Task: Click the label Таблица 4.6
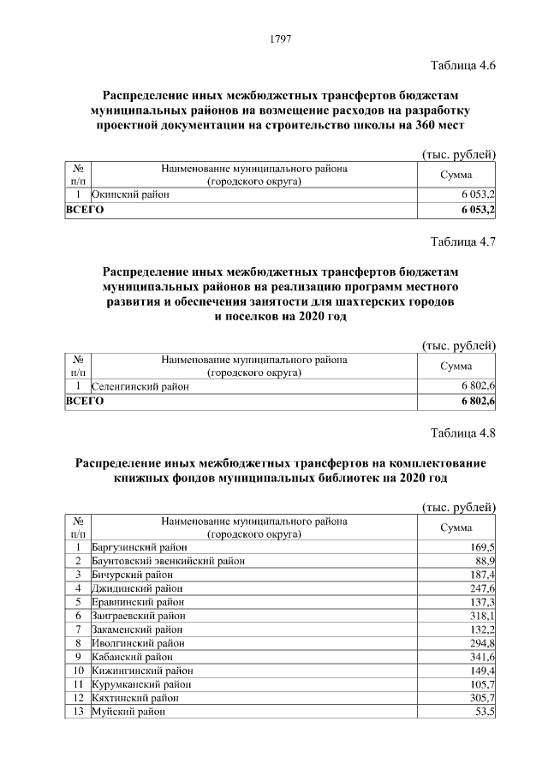point(463,65)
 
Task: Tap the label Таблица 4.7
point(463,241)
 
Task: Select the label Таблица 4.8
point(463,432)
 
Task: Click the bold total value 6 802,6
point(478,401)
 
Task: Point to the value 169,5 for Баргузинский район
point(482,546)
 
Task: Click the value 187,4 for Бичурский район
point(482,574)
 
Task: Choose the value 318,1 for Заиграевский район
point(482,615)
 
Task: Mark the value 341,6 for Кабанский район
point(482,656)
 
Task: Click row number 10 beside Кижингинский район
point(78,670)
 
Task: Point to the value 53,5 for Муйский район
point(485,711)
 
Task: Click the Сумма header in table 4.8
point(456,527)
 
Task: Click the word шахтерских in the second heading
point(368,302)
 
